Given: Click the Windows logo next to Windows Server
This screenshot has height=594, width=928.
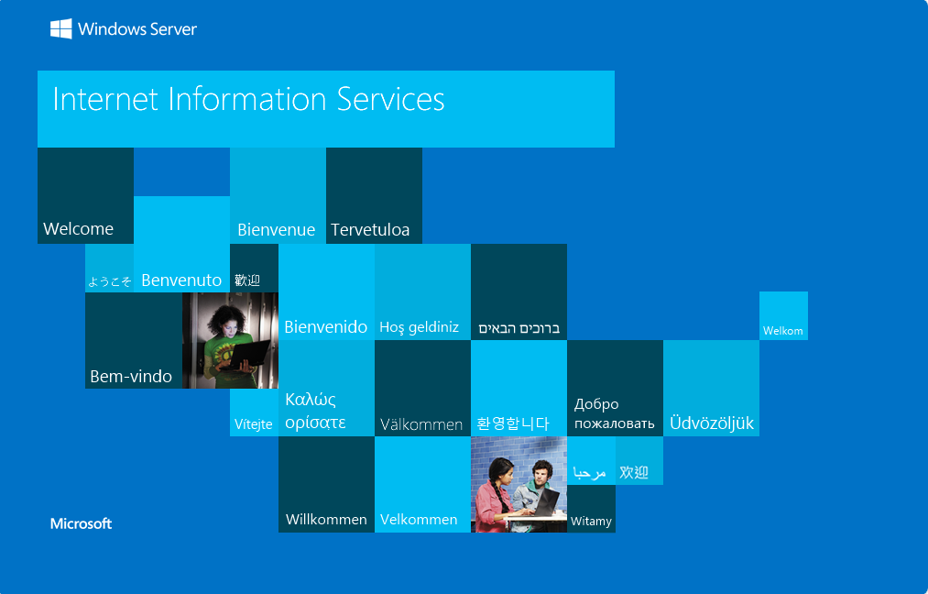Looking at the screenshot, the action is tap(61, 28).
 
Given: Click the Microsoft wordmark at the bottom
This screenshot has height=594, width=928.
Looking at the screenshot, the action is tap(82, 523).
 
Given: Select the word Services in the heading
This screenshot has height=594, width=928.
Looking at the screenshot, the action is tap(390, 99).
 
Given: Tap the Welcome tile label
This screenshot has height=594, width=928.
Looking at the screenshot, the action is tap(78, 228).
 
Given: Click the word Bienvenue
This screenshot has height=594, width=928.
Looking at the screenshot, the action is tap(277, 230).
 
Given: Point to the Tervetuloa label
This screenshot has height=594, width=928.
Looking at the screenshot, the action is tap(370, 230).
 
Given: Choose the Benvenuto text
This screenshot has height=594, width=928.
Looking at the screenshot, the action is tap(181, 280).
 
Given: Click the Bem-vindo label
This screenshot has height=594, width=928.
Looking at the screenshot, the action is tap(131, 376).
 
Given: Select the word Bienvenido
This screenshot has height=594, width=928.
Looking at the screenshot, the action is tap(325, 327).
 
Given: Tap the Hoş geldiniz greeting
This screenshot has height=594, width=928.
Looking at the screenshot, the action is tap(419, 327).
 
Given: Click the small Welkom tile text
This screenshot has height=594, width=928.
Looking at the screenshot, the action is tap(783, 331).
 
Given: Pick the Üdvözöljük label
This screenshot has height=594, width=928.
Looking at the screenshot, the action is tap(712, 423).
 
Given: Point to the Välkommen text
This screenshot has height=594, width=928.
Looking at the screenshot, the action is tap(421, 424).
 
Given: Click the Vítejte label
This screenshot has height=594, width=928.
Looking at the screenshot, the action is tap(254, 424).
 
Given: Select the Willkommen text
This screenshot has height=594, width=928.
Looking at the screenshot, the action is tap(326, 520).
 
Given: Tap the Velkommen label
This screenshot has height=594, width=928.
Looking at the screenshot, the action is tap(419, 520).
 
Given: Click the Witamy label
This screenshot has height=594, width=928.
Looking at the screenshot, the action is tap(591, 522).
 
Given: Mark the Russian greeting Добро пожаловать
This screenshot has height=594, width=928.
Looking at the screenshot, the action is tap(615, 413).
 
